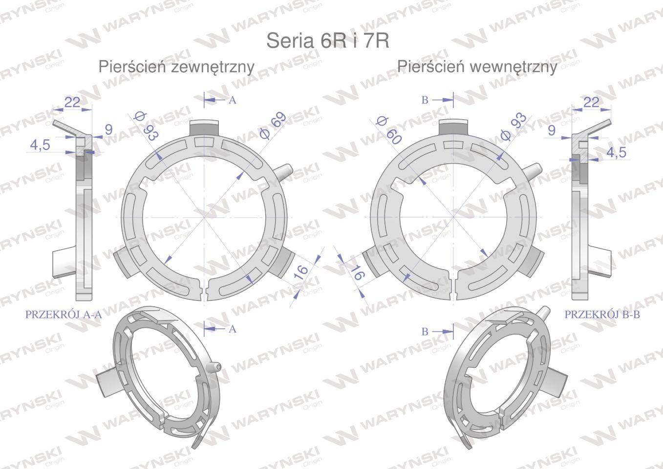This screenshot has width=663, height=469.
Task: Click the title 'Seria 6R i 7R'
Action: click(328, 41)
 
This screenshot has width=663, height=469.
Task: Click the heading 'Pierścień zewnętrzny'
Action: click(176, 67)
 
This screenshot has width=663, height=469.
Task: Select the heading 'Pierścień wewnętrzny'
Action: click(477, 67)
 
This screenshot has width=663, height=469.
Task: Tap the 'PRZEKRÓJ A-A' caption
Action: click(64, 315)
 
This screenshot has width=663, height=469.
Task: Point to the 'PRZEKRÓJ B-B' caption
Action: click(602, 315)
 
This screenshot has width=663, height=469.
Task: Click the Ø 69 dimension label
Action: click(273, 126)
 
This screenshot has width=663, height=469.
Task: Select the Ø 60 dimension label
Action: click(388, 130)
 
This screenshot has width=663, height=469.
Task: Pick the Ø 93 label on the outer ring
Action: click(146, 126)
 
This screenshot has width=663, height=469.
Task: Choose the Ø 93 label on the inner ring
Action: click(514, 127)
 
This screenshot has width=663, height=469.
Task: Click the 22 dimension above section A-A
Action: click(72, 103)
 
